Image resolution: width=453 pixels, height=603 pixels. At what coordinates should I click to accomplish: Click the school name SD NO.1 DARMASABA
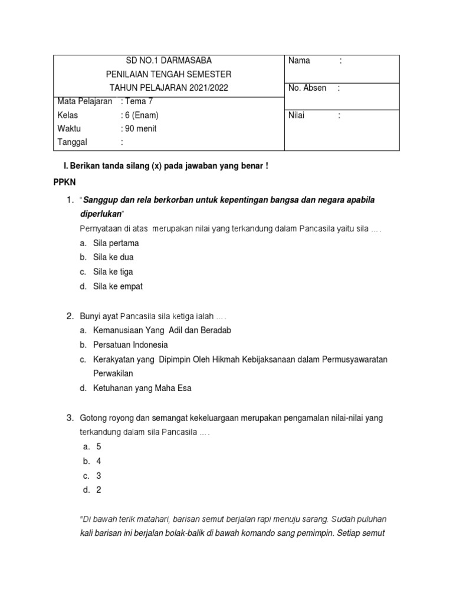(169, 61)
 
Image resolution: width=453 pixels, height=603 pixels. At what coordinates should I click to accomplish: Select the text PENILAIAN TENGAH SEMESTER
(169, 74)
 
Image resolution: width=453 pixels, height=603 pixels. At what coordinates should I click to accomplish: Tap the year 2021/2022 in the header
(207, 88)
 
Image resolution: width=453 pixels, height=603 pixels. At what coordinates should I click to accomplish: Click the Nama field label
(299, 61)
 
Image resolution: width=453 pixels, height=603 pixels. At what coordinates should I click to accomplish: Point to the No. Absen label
(307, 88)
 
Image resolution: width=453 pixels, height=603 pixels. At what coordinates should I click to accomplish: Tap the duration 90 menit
(140, 129)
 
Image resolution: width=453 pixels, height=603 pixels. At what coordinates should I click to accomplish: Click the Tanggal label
(72, 143)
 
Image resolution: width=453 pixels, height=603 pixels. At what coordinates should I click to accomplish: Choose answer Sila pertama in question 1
(116, 243)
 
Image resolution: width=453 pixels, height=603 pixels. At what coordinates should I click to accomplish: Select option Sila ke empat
(118, 287)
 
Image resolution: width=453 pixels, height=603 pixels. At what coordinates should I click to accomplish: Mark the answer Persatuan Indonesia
(130, 344)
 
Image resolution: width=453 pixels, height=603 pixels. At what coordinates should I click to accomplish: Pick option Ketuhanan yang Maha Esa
(142, 388)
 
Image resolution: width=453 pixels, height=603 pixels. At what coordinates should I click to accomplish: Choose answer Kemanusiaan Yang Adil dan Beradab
(162, 330)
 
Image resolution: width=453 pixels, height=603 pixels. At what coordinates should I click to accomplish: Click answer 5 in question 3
(99, 447)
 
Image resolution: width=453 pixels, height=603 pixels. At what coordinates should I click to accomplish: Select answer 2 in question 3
(99, 490)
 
